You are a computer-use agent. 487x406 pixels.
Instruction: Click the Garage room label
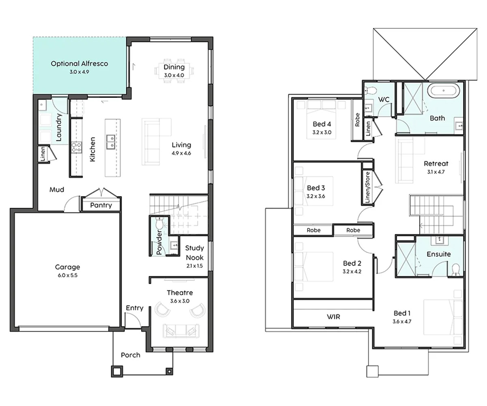coord(67,267)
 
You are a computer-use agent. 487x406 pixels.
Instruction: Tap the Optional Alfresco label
coord(79,63)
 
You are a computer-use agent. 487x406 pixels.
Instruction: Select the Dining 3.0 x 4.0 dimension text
coord(174,75)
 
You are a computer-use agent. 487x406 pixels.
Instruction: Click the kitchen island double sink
coord(110,142)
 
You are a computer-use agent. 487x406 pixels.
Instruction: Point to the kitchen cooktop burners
coord(77,147)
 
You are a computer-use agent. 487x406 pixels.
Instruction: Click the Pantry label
coord(101,205)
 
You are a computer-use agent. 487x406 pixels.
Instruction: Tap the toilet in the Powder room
coord(159,224)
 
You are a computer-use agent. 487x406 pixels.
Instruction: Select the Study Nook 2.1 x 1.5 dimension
coord(194,266)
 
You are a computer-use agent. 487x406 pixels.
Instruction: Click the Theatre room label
coord(180,293)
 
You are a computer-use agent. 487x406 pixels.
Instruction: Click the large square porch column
coord(117,371)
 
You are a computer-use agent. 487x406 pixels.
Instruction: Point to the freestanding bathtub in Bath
coord(444,91)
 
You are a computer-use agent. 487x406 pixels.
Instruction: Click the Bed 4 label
coord(322,124)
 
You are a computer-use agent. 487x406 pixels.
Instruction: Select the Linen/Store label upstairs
coord(368,187)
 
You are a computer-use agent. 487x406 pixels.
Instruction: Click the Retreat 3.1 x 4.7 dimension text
coord(436,172)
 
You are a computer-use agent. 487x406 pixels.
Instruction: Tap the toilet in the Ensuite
coord(455,270)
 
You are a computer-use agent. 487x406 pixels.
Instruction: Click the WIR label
coord(334,317)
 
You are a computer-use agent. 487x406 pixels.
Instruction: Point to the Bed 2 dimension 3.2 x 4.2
coord(352,271)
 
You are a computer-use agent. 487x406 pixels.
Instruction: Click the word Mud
coord(57,190)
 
